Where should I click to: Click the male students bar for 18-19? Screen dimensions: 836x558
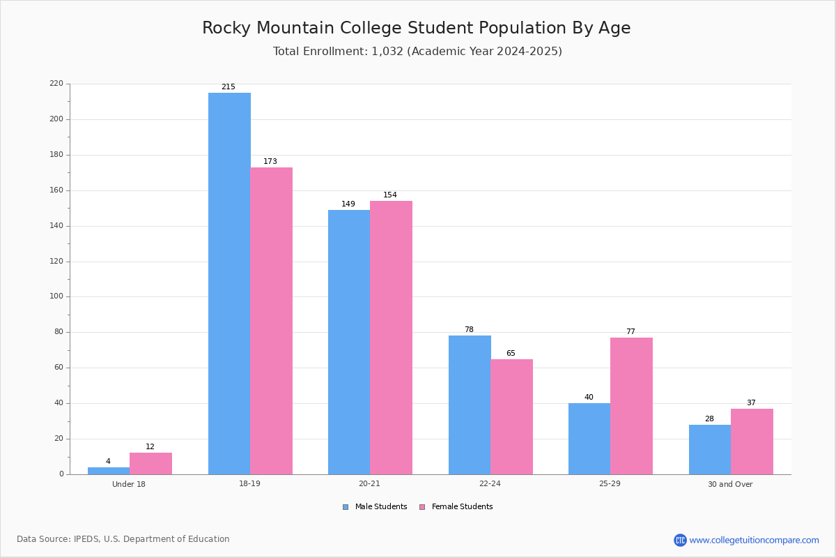pyautogui.click(x=229, y=284)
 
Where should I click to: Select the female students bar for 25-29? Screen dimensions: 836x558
pyautogui.click(x=631, y=406)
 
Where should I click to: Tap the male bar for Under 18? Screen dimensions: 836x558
pyautogui.click(x=109, y=471)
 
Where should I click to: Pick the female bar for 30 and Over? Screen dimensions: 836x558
pyautogui.click(x=752, y=442)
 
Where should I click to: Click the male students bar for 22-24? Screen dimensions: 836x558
pyautogui.click(x=470, y=405)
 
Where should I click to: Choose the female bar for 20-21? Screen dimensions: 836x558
pyautogui.click(x=391, y=338)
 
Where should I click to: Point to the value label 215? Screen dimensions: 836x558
pyautogui.click(x=229, y=86)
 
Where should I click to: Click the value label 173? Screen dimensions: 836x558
pyautogui.click(x=270, y=161)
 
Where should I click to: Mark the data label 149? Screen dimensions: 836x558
pyautogui.click(x=348, y=204)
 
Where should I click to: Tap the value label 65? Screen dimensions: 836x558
pyautogui.click(x=511, y=353)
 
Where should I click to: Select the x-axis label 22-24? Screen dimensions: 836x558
pyautogui.click(x=490, y=483)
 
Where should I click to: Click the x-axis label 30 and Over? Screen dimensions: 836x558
pyautogui.click(x=730, y=484)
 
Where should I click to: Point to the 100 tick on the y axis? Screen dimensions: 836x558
pyautogui.click(x=56, y=296)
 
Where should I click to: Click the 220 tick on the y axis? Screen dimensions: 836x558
pyautogui.click(x=56, y=83)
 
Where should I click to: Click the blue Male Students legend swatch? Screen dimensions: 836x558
pyautogui.click(x=346, y=507)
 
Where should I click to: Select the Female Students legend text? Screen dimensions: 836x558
pyautogui.click(x=463, y=506)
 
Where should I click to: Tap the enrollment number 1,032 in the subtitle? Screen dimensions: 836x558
pyautogui.click(x=387, y=51)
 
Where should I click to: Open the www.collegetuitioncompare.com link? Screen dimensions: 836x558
pyautogui.click(x=754, y=540)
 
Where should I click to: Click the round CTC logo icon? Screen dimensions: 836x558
pyautogui.click(x=680, y=540)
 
